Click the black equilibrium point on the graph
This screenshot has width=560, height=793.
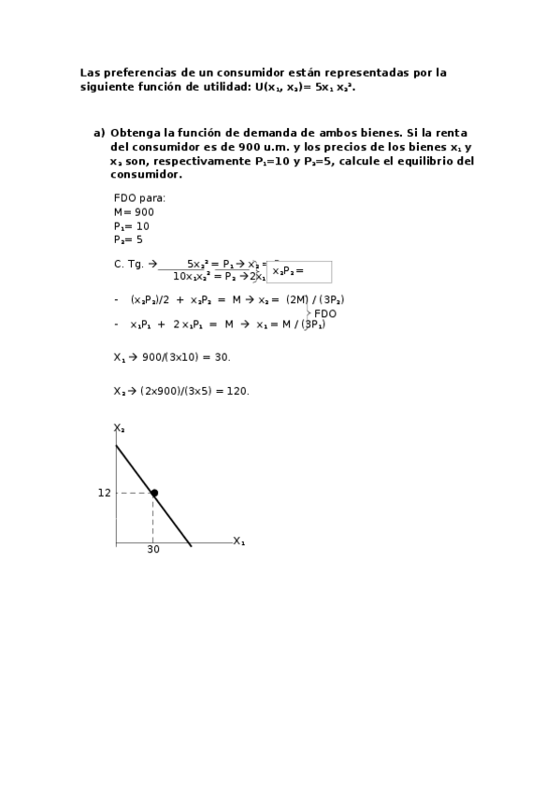pos(154,493)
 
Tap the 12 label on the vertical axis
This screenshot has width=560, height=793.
pos(104,493)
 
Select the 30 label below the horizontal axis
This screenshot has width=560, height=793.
pos(153,550)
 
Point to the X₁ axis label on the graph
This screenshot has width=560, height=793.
pos(238,541)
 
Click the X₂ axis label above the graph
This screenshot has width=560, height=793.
pos(120,428)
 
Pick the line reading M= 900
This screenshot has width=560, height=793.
pos(134,212)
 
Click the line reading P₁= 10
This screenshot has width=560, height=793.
pos(131,226)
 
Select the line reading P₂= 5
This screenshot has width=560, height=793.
pos(128,239)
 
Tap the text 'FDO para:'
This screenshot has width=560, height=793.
pos(139,198)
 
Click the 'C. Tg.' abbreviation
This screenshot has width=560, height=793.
pos(129,264)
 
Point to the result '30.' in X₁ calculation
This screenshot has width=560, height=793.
pos(221,357)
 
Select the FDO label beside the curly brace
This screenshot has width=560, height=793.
pos(325,314)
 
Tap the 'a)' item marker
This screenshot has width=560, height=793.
pos(99,133)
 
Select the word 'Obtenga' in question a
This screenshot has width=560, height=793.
pos(138,133)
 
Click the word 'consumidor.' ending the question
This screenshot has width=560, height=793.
pos(146,175)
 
